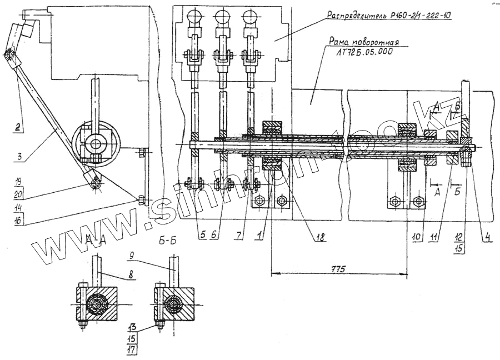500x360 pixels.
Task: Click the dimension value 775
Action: point(337,269)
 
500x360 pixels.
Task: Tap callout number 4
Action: point(487,236)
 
